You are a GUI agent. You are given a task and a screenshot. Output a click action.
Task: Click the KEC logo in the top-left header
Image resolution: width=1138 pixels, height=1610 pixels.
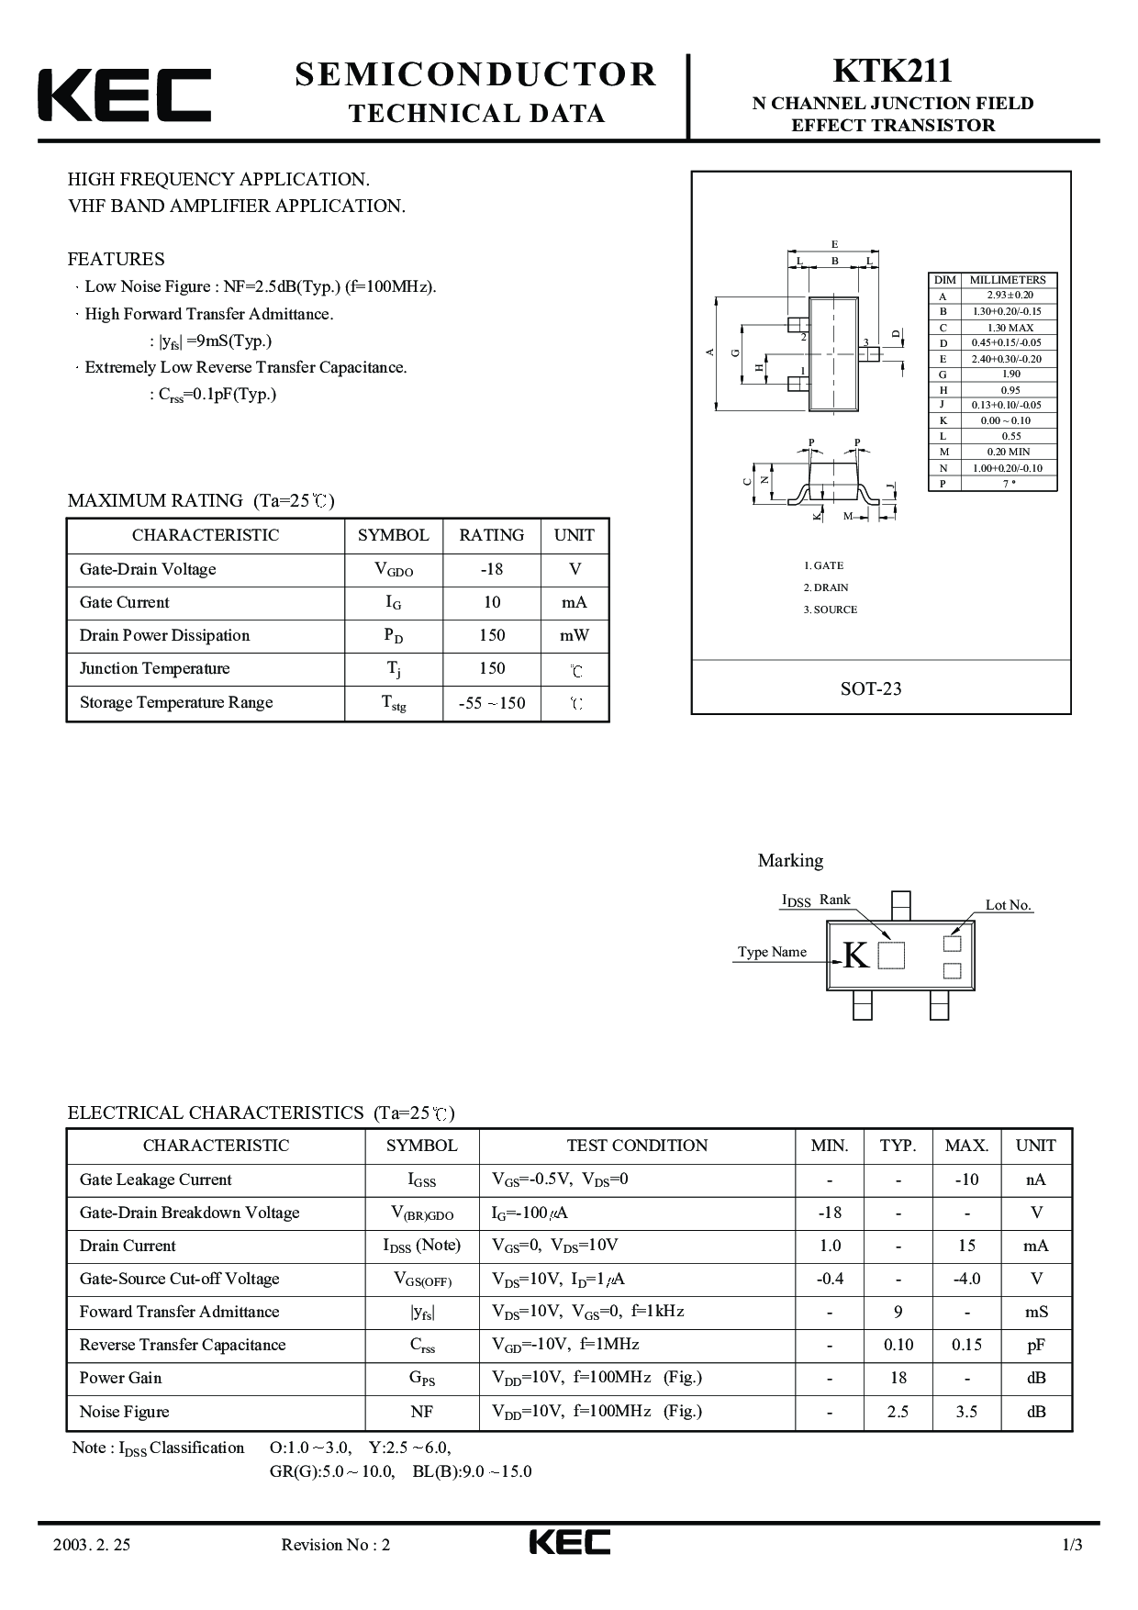click(124, 95)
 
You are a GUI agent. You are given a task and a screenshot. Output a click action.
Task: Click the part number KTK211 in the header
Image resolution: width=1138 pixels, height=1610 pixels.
click(892, 72)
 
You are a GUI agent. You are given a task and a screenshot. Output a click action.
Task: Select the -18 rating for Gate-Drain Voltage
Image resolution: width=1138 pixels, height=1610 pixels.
click(492, 569)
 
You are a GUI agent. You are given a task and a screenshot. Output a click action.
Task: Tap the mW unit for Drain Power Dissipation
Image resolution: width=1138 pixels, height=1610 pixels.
click(575, 635)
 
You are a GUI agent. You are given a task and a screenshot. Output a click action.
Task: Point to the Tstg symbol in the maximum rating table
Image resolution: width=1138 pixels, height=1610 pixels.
click(394, 703)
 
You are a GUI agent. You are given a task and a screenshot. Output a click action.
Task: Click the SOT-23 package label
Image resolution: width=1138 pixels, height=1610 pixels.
click(871, 688)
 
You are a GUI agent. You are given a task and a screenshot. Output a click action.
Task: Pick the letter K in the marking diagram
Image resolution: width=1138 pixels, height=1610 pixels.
click(854, 956)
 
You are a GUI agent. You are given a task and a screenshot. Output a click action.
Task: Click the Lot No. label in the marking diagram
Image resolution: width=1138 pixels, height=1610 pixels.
click(1009, 905)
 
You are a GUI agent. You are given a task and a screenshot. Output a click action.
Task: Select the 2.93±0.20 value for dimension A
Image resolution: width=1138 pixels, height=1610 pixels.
click(1010, 296)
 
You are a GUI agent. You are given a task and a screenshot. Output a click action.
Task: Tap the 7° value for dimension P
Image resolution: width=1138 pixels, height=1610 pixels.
click(1010, 484)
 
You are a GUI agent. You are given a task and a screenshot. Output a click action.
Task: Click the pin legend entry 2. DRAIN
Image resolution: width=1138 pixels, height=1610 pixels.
click(826, 587)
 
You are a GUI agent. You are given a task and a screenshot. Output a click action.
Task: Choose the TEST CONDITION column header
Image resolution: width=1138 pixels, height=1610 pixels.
click(637, 1146)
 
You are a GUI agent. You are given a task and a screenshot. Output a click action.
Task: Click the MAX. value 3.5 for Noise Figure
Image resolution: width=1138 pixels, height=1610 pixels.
click(966, 1412)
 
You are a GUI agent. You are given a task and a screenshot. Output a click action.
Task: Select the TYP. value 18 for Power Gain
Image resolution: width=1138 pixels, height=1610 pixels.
click(898, 1378)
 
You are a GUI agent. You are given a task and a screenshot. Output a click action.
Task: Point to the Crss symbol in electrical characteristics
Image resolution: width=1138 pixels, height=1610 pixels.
click(422, 1346)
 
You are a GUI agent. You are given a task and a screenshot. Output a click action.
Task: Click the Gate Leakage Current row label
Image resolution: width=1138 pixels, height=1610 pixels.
click(155, 1180)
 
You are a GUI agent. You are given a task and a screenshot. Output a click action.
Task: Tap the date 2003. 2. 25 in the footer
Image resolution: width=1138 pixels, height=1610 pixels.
click(92, 1545)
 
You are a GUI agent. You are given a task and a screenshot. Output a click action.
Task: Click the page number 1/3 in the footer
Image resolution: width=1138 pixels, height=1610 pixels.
click(1072, 1545)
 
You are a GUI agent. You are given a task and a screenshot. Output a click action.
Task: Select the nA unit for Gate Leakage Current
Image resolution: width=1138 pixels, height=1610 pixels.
click(1036, 1180)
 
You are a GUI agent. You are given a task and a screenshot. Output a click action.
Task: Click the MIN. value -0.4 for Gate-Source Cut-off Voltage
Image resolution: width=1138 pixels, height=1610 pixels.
click(830, 1279)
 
